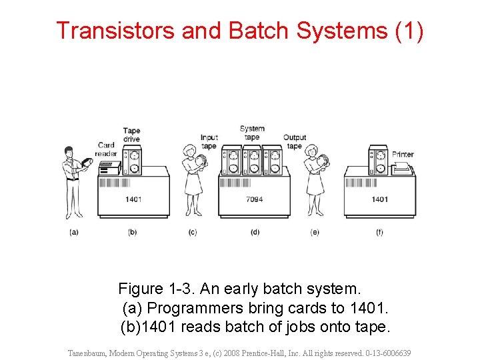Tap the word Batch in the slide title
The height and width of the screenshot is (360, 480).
click(258, 31)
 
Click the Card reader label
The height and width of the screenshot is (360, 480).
click(107, 149)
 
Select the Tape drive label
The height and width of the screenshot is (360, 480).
click(131, 135)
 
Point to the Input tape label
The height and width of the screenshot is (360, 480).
click(209, 141)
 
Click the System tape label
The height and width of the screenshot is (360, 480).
click(252, 133)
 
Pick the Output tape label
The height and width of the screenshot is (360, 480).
click(295, 141)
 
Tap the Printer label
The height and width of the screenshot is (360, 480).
click(403, 154)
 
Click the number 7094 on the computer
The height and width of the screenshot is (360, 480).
click(254, 199)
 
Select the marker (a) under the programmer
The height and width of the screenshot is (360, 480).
click(73, 232)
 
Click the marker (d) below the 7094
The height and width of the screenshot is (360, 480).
click(254, 232)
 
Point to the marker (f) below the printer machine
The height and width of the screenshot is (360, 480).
click(379, 232)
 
